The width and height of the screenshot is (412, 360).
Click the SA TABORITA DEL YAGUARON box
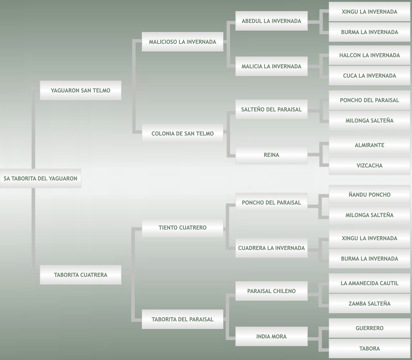pyautogui.click(x=40, y=178)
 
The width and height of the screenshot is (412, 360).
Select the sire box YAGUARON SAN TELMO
pyautogui.click(x=80, y=90)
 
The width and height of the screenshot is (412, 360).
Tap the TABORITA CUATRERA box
pyautogui.click(x=80, y=274)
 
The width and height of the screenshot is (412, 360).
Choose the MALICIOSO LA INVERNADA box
pyautogui.click(x=182, y=42)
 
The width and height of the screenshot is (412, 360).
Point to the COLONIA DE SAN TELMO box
pyautogui.click(x=182, y=133)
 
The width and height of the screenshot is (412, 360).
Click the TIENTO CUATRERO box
pyautogui.click(x=182, y=227)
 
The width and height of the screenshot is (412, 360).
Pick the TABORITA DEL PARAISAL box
pyautogui.click(x=182, y=319)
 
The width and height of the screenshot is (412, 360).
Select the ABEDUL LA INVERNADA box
pyautogui.click(x=271, y=21)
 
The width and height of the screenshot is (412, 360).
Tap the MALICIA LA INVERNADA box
pyautogui.click(x=271, y=66)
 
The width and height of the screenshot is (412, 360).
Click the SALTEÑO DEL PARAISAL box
pyautogui.click(x=271, y=109)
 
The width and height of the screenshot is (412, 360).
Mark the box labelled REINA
pyautogui.click(x=271, y=155)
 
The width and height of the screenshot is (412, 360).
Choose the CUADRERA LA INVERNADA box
pyautogui.click(x=271, y=248)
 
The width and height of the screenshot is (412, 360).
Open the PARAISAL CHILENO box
pyautogui.click(x=271, y=291)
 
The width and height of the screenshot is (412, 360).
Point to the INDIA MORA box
pyautogui.click(x=271, y=336)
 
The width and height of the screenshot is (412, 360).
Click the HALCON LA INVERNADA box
pyautogui.click(x=369, y=55)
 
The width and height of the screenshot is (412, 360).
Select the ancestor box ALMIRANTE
pyautogui.click(x=369, y=145)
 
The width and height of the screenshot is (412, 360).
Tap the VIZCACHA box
pyautogui.click(x=369, y=165)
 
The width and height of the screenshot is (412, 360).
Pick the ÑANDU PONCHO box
pyautogui.click(x=369, y=194)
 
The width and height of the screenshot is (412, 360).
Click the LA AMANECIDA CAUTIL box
pyautogui.click(x=369, y=283)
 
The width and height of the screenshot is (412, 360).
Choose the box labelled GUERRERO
pyautogui.click(x=369, y=328)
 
